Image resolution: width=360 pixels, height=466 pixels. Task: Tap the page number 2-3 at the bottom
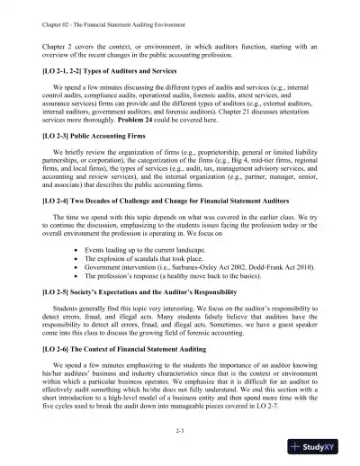point(180,432)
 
